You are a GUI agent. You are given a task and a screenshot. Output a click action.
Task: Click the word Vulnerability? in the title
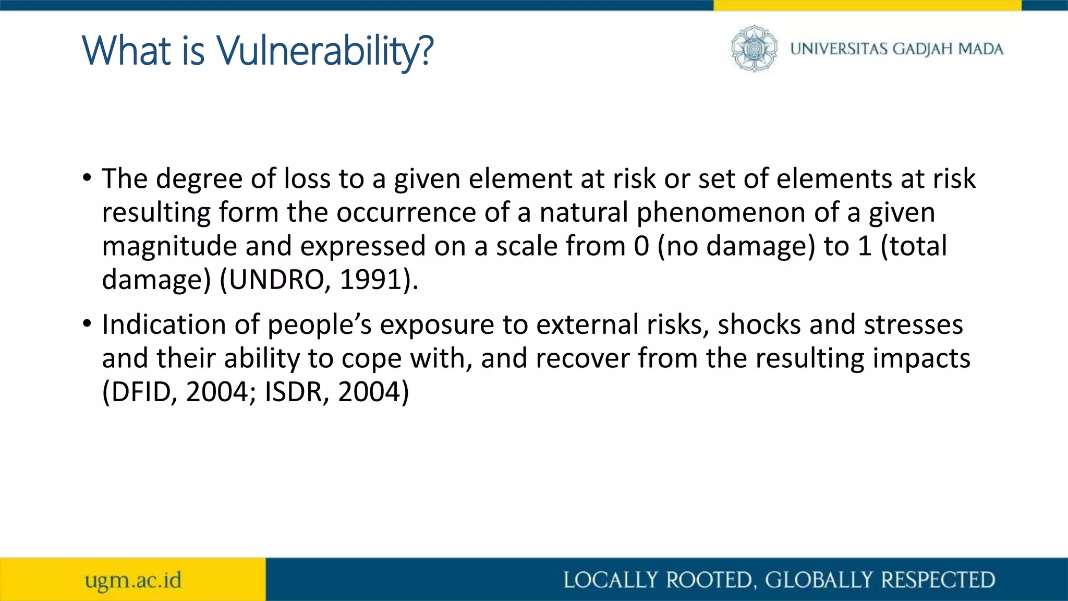324,51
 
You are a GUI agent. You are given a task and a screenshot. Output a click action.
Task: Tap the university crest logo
754,49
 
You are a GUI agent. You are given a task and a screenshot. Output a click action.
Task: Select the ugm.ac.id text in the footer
133,580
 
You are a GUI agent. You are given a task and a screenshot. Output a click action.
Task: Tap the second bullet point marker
87,324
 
